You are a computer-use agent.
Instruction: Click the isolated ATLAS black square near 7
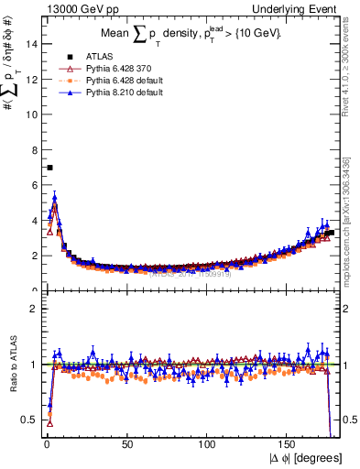coord(49,167)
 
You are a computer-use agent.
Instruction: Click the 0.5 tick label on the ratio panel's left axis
coord(30,420)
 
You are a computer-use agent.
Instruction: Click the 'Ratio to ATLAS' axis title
coord(13,364)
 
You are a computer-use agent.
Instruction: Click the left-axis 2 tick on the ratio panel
coord(33,309)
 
